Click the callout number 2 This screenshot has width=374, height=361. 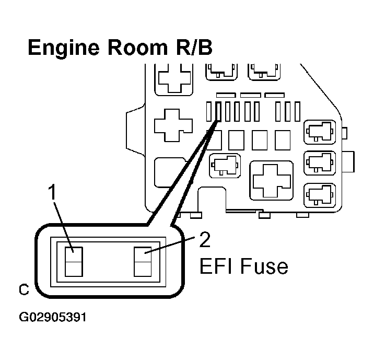point(205,239)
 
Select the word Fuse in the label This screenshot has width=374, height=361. point(264,267)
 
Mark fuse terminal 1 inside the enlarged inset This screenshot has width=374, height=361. point(73,261)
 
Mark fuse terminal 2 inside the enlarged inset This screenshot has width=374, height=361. point(142,262)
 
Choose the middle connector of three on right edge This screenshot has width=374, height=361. point(319,163)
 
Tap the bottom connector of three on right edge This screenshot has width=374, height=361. point(319,195)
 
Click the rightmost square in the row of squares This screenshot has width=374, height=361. point(283,140)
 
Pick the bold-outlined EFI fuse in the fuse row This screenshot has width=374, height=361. point(218,112)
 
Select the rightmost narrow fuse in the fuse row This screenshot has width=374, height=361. point(297,111)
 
